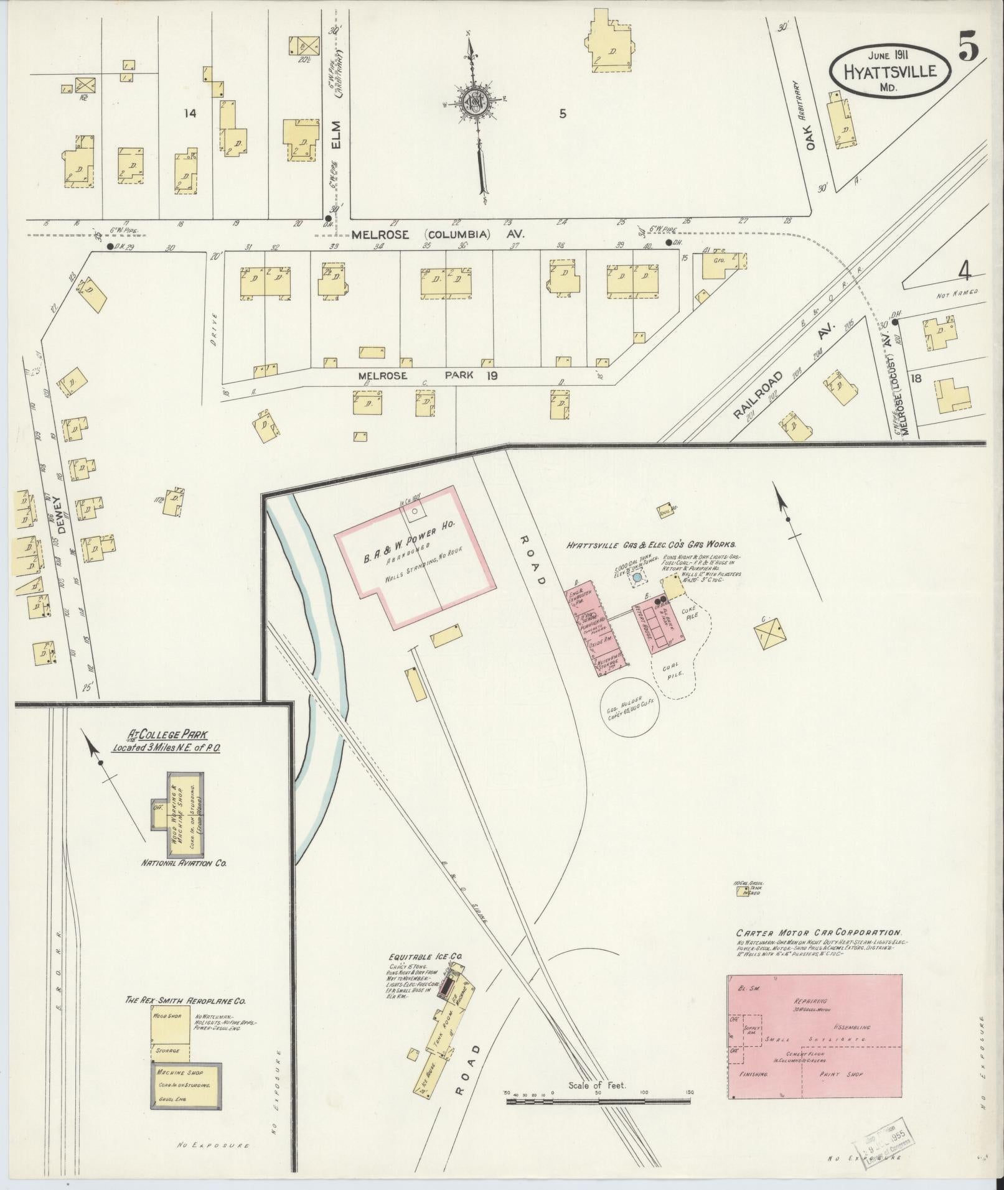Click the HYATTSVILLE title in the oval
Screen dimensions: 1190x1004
click(x=890, y=70)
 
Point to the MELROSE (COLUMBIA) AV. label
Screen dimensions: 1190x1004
click(x=438, y=235)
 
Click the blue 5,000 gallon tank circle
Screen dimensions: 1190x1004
click(x=637, y=579)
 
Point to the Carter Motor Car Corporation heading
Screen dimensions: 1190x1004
click(x=818, y=950)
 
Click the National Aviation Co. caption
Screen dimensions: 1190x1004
click(x=184, y=863)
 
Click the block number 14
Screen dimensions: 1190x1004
click(x=190, y=113)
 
